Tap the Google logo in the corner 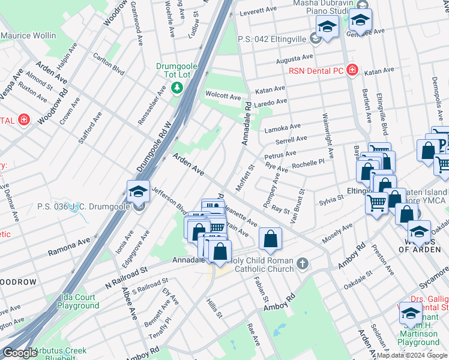point(19,353)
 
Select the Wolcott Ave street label point(223,97)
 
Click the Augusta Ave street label point(294,59)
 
